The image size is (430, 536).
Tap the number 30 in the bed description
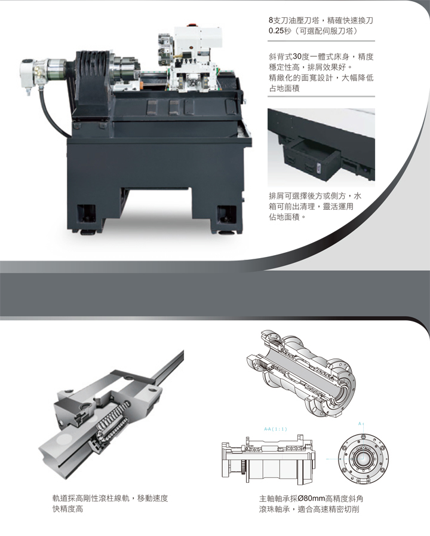[x=297, y=56]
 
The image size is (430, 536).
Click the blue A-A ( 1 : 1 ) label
[x=275, y=429]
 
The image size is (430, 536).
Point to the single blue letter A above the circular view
[x=360, y=424]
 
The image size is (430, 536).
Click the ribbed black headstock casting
[x=92, y=79]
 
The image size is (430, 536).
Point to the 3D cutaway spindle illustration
[x=300, y=373]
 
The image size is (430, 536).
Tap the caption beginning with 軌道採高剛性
[x=110, y=504]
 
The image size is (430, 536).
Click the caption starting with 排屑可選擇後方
[x=315, y=206]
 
